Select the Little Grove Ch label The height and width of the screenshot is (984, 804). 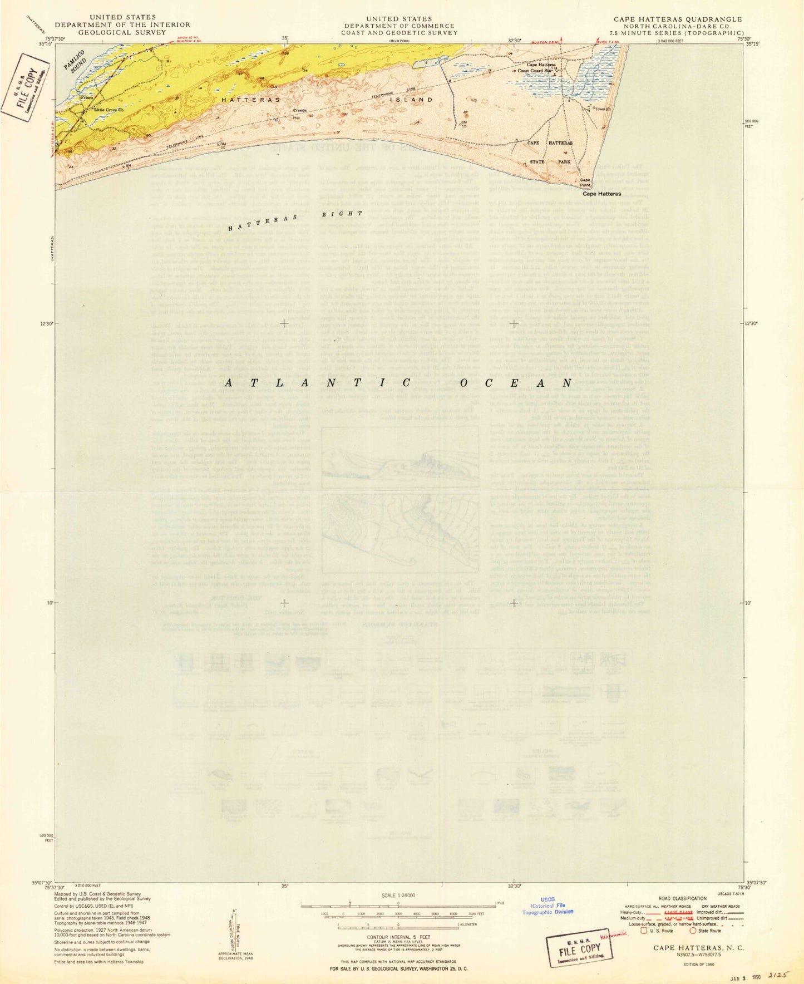tap(108, 110)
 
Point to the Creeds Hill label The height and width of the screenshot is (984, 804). tap(300, 114)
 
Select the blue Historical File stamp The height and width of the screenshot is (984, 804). tap(548, 906)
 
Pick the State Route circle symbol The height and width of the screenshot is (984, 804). tap(693, 930)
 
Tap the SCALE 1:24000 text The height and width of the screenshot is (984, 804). tap(398, 896)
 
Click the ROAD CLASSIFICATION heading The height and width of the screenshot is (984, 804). tap(683, 899)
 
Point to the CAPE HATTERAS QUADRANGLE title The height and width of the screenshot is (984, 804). tap(678, 19)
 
